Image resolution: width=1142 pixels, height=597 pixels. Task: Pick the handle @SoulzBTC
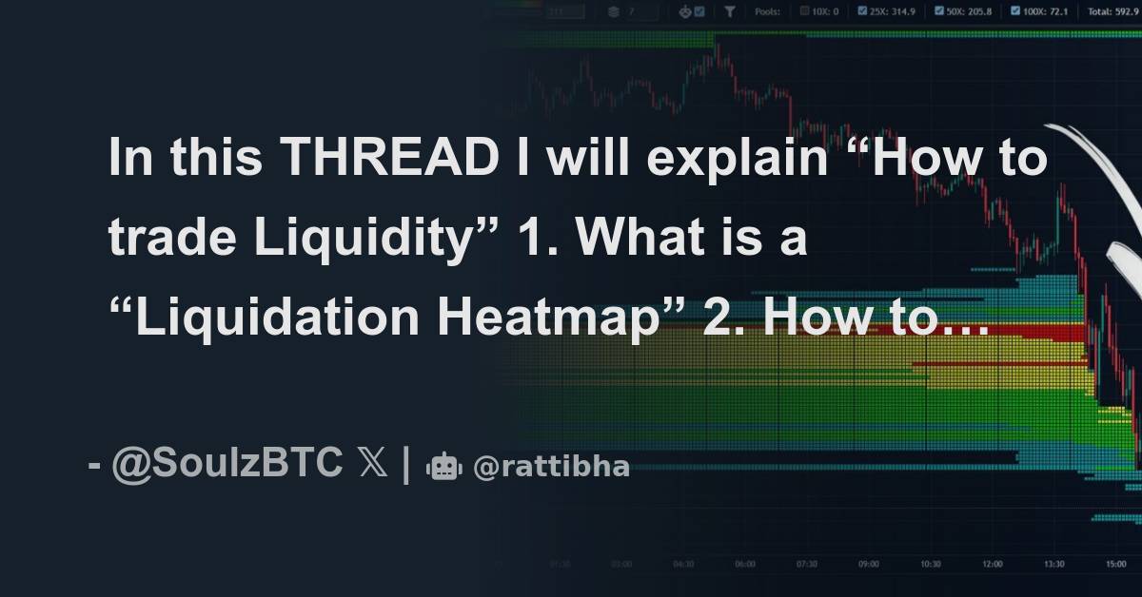[226, 465]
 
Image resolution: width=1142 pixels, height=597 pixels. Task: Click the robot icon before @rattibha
[444, 467]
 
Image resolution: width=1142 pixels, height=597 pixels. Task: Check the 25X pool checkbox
[862, 11]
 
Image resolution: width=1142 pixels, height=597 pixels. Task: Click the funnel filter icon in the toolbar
[729, 11]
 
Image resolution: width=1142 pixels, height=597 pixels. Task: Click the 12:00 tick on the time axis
[992, 564]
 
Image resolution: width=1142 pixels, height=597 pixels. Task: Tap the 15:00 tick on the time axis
[1115, 564]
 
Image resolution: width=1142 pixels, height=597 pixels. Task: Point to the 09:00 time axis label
[868, 564]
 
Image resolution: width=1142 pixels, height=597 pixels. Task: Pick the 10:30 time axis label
[930, 564]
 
